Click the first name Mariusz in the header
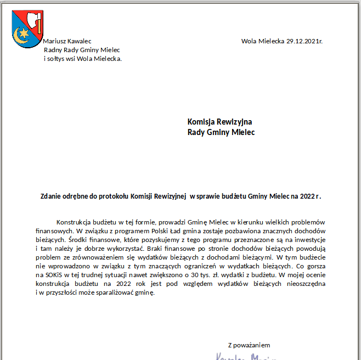pos(55,41)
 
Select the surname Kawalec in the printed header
pos(80,41)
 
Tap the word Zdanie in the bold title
pos(52,196)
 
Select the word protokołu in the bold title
pos(112,196)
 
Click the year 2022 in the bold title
pos(307,196)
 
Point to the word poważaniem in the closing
pos(252,345)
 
